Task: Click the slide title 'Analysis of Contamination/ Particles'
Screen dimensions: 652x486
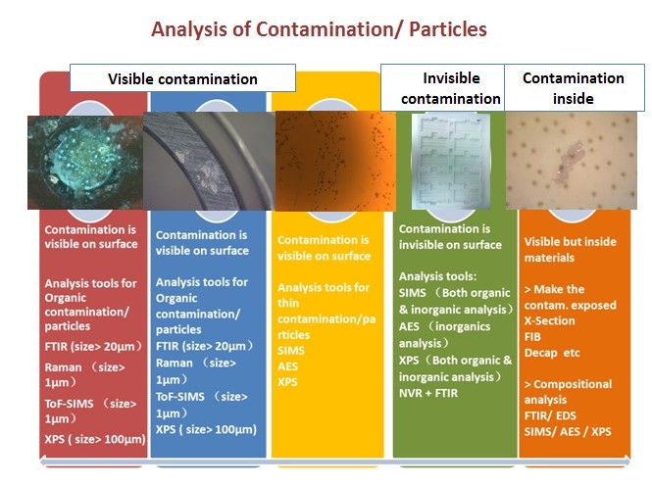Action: [319, 29]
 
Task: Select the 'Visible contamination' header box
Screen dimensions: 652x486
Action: [182, 78]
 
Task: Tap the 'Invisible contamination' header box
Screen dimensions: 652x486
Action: [442, 87]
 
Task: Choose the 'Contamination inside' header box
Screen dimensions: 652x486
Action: [575, 87]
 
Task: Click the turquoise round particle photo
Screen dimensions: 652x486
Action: [85, 163]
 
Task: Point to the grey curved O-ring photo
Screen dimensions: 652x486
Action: [209, 161]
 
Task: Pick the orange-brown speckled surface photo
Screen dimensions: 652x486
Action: [335, 161]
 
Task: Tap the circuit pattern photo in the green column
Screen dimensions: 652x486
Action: [451, 161]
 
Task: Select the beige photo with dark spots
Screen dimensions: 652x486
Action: [572, 161]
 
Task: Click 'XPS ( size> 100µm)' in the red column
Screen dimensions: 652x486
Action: [95, 439]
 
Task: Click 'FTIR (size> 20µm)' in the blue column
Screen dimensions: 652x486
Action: [205, 346]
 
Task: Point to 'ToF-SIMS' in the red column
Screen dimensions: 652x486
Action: [69, 404]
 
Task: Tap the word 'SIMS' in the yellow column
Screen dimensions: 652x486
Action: [291, 350]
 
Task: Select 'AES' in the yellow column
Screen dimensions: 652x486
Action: [287, 366]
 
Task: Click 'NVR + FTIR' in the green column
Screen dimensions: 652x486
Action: [428, 393]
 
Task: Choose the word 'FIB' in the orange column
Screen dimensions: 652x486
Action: [532, 336]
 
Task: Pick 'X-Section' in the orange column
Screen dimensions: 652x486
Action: [550, 320]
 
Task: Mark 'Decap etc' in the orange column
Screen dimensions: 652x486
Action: [552, 353]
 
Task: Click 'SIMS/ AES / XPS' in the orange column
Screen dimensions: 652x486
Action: [568, 431]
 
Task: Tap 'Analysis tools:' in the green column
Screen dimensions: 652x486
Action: [438, 276]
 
